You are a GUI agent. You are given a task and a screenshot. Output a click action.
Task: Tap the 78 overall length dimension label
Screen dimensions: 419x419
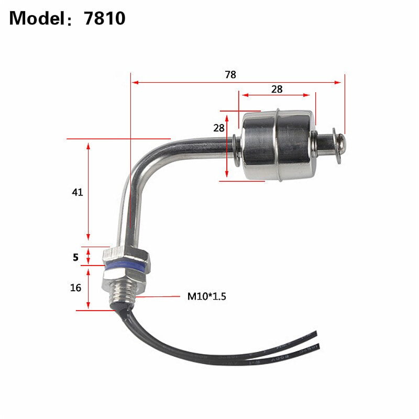coord(230,74)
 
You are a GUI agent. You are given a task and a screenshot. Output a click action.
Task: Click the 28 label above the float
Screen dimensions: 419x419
coord(277,89)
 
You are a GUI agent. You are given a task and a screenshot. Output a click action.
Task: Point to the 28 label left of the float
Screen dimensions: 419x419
coord(218,128)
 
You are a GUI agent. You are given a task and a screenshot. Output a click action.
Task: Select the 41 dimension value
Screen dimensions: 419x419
coord(78,192)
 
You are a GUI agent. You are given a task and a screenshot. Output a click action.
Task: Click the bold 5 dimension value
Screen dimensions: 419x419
coord(75,257)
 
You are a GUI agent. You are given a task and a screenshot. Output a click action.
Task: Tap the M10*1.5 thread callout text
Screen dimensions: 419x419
coord(207,296)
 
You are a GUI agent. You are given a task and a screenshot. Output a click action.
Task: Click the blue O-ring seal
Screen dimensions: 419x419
coord(126,267)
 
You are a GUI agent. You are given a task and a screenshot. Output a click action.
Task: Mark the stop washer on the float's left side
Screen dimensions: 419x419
coord(236,150)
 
